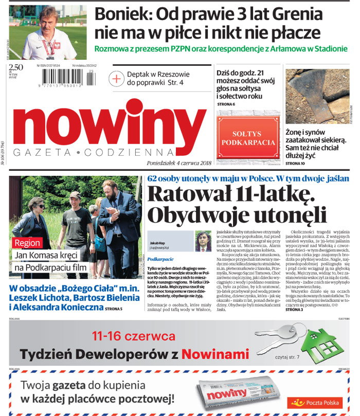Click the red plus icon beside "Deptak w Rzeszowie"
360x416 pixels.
117,78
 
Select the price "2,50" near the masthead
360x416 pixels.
16,67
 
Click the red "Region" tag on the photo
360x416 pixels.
27,243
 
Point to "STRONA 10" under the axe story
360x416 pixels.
295,164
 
